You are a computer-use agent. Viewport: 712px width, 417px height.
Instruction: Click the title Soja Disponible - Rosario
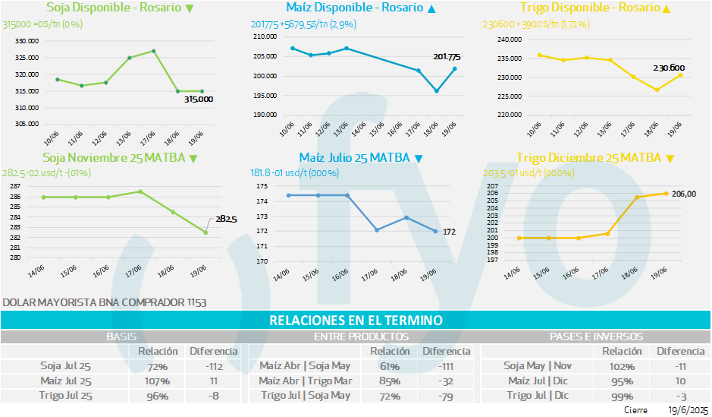(114, 8)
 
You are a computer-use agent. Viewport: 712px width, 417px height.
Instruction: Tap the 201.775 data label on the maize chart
(446, 57)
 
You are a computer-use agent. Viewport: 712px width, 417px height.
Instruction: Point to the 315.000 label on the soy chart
(199, 100)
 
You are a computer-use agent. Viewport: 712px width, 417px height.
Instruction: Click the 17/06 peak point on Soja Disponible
(154, 51)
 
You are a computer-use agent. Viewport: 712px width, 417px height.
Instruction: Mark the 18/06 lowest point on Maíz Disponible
(437, 91)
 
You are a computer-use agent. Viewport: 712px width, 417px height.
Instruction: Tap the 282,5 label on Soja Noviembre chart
(226, 220)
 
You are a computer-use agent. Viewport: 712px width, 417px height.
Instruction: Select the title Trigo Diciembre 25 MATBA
(588, 158)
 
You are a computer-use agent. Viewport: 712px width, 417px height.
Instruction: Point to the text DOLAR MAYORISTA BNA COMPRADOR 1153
(105, 302)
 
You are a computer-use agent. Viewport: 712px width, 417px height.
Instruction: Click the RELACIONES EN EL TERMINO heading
(356, 321)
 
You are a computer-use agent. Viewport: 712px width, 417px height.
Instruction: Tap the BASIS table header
(121, 336)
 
